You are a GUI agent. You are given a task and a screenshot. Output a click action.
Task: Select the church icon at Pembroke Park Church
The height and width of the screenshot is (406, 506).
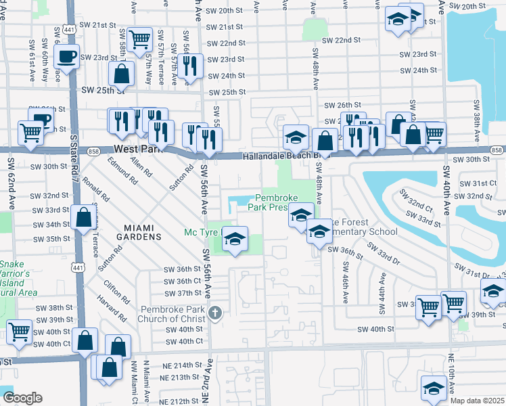pyautogui.click(x=215, y=313)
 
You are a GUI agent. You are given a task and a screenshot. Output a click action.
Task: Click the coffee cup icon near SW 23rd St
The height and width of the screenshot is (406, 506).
pyautogui.click(x=66, y=57)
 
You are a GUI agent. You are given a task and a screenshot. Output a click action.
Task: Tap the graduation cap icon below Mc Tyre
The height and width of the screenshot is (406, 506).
pyautogui.click(x=235, y=241)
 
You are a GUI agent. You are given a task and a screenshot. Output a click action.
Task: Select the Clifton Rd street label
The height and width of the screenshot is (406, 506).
pyautogui.click(x=117, y=288)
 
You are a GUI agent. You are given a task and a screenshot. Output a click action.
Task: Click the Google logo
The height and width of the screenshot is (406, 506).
pyautogui.click(x=22, y=398)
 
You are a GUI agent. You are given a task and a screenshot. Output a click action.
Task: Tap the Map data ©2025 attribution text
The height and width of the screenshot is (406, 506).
pyautogui.click(x=477, y=401)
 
